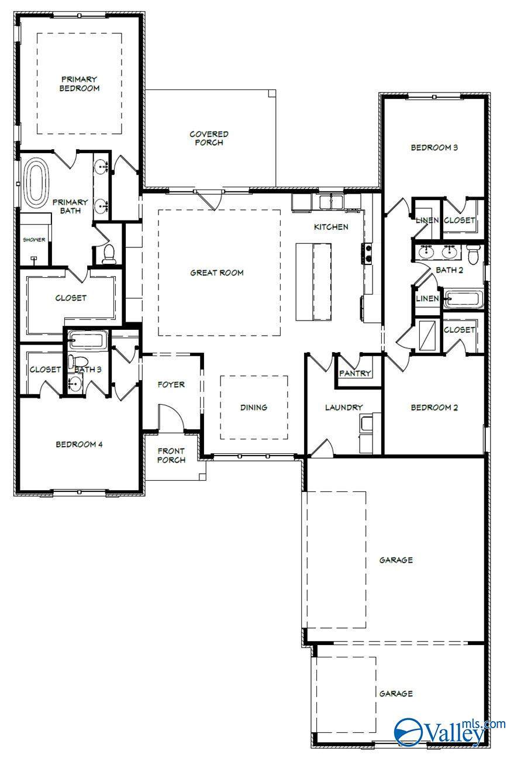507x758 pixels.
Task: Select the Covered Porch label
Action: coord(209,138)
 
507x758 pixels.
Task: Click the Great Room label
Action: coord(217,273)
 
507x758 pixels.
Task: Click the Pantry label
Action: coord(355,373)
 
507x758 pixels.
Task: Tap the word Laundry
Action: coord(344,408)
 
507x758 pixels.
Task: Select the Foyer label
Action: coord(171,385)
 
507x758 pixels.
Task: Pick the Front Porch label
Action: coord(171,455)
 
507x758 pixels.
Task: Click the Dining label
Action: coord(253,408)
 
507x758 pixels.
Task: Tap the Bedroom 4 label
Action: coord(79,445)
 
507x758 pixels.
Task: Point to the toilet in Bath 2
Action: coord(474,253)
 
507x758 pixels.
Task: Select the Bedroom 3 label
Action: coord(434,148)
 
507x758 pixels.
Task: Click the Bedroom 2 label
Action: coord(434,408)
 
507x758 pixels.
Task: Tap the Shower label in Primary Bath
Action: coord(34,240)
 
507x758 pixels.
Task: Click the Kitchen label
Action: coord(331,227)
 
